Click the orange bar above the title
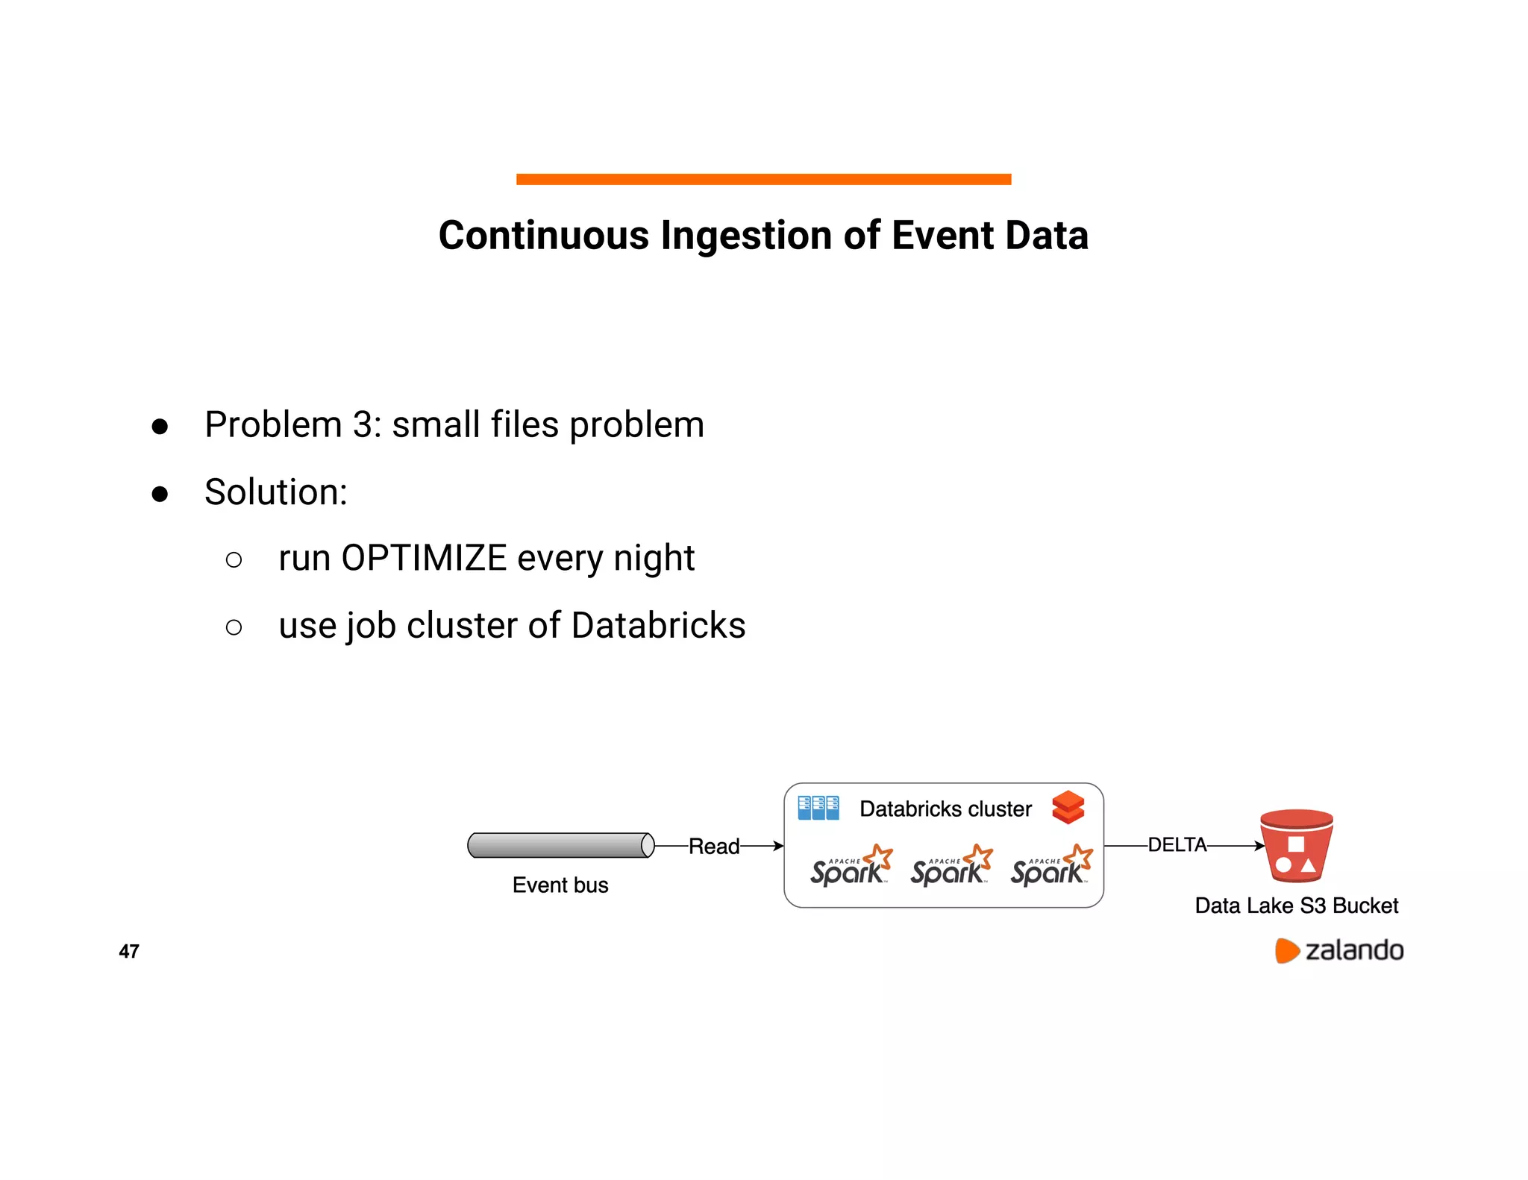763,179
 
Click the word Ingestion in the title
747,236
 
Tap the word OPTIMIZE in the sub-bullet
424,558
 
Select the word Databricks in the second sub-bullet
658,625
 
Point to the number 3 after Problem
363,424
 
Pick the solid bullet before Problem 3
160,427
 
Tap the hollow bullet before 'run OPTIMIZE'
234,559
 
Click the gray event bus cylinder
560,845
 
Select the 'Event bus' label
560,885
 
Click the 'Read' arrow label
713,846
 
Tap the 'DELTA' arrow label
1177,844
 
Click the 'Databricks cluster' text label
945,809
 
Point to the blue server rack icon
818,808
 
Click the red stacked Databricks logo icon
1068,807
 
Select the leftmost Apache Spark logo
851,866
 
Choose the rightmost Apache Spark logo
1051,866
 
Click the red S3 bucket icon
1296,846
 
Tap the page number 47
129,951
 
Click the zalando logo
1339,950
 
